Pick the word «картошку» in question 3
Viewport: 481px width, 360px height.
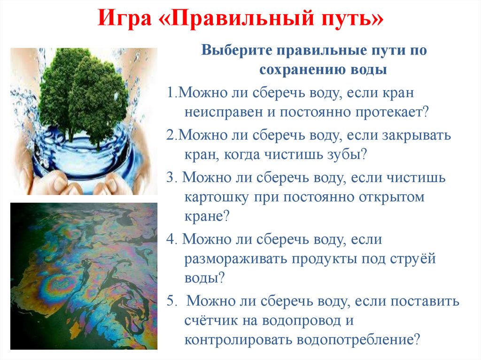[x=216, y=197]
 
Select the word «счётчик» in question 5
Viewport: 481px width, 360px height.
[x=209, y=322]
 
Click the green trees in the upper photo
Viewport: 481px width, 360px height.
[x=85, y=94]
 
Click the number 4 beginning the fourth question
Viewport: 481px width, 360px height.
[x=170, y=239]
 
